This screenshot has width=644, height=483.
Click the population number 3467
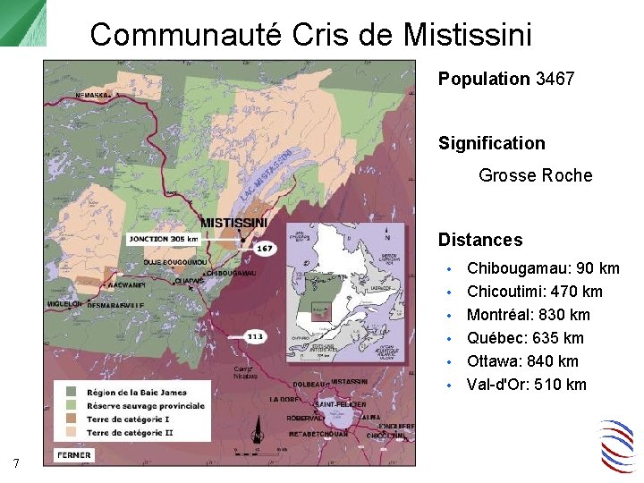point(555,79)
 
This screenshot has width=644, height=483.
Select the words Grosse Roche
point(535,175)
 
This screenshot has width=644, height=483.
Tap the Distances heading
point(480,240)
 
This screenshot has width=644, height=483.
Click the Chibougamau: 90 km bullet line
point(543,268)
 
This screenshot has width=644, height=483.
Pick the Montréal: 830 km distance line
point(529,315)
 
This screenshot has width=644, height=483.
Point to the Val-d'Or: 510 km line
point(527,385)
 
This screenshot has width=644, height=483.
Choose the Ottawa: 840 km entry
point(522,361)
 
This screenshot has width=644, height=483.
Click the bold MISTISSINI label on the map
point(233,222)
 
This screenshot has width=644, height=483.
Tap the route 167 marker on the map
point(265,248)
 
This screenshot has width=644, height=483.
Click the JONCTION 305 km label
point(163,239)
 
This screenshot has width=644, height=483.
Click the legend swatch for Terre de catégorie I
point(71,419)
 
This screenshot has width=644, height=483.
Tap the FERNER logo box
point(73,455)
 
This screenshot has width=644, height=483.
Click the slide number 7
point(17,462)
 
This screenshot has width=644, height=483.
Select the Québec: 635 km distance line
point(525,338)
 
